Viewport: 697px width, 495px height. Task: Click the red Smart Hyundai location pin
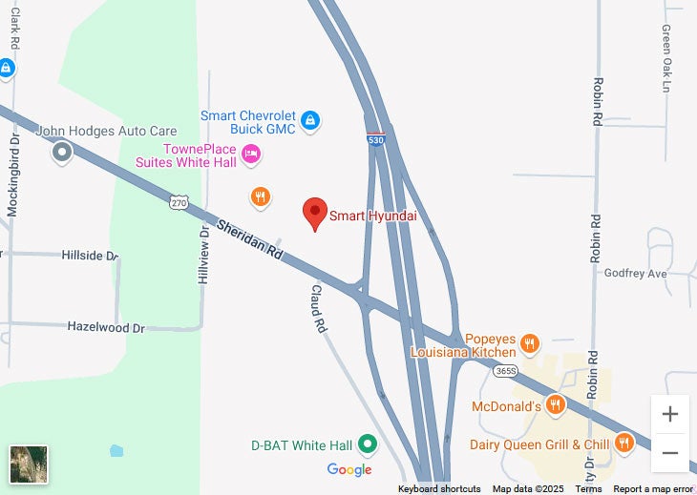pyautogui.click(x=315, y=213)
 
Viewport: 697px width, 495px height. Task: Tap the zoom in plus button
pyautogui.click(x=670, y=414)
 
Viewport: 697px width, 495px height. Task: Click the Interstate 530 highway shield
pyautogui.click(x=376, y=139)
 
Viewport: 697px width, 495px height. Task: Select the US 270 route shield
pyautogui.click(x=180, y=202)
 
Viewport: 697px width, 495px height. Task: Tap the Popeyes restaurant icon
pyautogui.click(x=530, y=342)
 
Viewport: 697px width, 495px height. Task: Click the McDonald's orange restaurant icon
pyautogui.click(x=556, y=405)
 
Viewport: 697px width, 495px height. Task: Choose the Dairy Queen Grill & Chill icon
pyautogui.click(x=623, y=443)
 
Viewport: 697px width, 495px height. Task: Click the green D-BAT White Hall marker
pyautogui.click(x=366, y=444)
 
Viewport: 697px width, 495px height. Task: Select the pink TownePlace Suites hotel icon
pyautogui.click(x=251, y=153)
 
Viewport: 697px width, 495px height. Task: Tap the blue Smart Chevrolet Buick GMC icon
pyautogui.click(x=309, y=120)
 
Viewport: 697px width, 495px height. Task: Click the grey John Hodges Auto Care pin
pyautogui.click(x=63, y=151)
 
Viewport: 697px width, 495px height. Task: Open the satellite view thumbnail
pyautogui.click(x=29, y=464)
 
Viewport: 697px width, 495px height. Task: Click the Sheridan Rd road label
pyautogui.click(x=250, y=240)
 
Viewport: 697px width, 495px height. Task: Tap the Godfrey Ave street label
pyautogui.click(x=635, y=274)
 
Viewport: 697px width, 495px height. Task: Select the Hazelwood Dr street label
pyautogui.click(x=105, y=327)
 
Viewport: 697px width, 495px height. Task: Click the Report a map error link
pyautogui.click(x=653, y=489)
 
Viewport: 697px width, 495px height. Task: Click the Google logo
pyautogui.click(x=349, y=469)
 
